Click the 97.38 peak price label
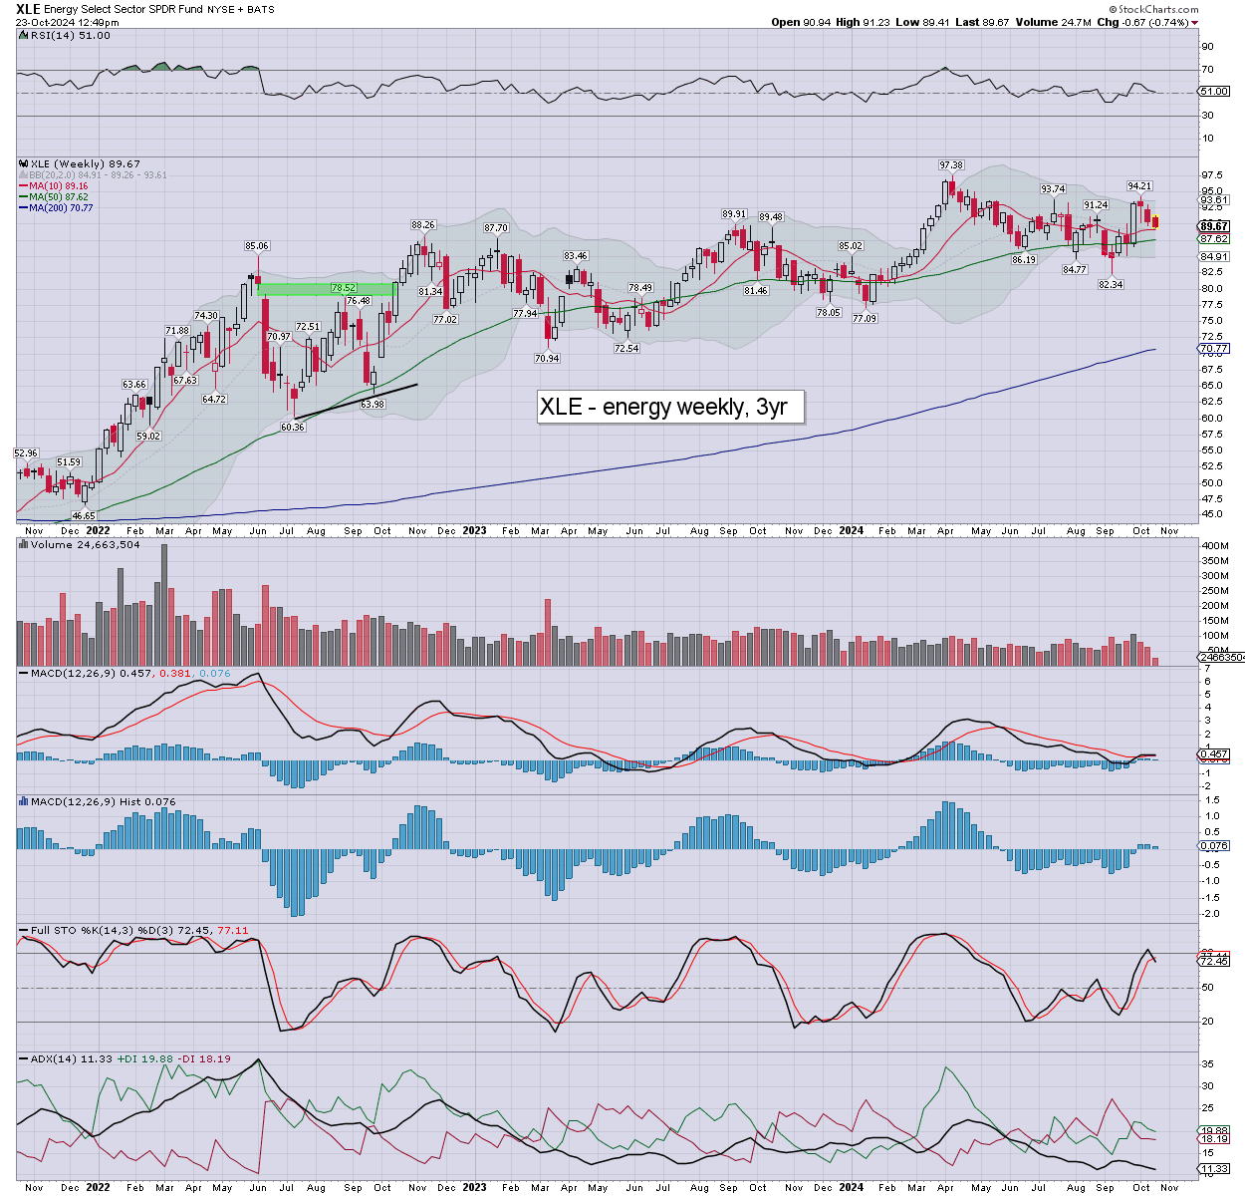point(950,165)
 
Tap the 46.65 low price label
point(84,515)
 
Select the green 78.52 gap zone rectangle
point(327,289)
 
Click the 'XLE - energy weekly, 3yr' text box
point(669,407)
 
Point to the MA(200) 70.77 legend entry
point(61,207)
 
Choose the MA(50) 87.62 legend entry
point(59,197)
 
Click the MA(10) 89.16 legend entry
point(59,186)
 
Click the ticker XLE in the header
point(28,9)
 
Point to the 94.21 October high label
point(1139,186)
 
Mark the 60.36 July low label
point(293,427)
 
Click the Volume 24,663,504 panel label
point(84,545)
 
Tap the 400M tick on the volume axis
point(1214,546)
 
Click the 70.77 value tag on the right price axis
point(1215,349)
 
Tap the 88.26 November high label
point(423,225)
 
